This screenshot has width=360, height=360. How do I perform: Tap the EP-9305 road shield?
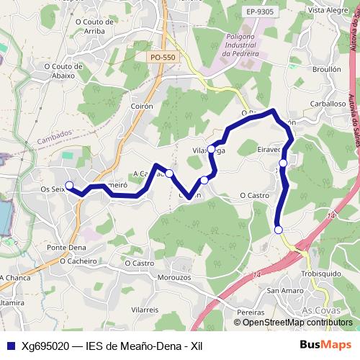pyautogui.click(x=259, y=12)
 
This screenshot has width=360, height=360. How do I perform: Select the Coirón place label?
pyautogui.click(x=143, y=105)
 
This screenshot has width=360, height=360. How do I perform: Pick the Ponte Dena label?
pyautogui.click(x=66, y=247)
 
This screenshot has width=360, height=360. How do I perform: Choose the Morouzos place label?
pyautogui.click(x=174, y=277)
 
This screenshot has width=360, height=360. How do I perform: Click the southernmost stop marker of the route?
pyautogui.click(x=279, y=230)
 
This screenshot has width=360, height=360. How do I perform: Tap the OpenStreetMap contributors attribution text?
pyautogui.click(x=297, y=322)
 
